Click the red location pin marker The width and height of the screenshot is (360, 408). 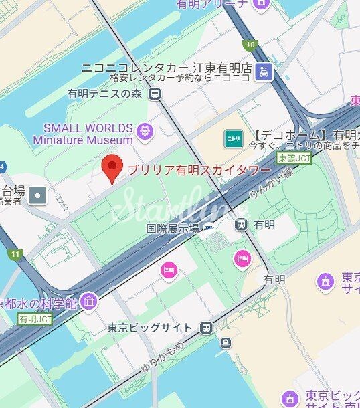point(112,168)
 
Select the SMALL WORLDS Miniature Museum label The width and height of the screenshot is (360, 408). point(83,134)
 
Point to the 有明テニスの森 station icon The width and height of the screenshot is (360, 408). point(155,94)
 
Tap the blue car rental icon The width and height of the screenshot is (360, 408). point(265,71)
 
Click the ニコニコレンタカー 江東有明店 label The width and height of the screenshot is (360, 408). point(166,68)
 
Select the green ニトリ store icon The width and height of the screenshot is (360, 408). point(232,138)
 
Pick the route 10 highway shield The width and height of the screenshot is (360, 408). point(250,45)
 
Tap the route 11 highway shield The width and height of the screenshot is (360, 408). point(15,254)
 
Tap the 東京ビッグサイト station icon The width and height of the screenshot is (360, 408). point(207,328)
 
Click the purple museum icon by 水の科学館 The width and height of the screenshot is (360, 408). point(88,302)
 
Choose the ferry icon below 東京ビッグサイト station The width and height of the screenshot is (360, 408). point(226,344)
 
